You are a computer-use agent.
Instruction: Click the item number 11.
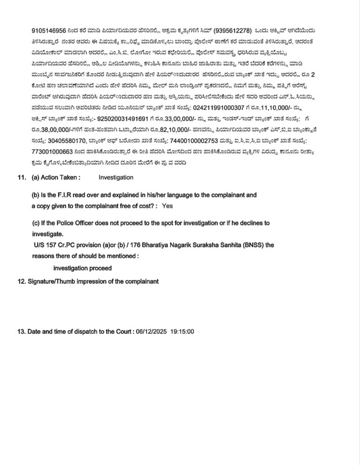coord(20,178)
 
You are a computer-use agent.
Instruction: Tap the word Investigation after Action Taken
coord(116,178)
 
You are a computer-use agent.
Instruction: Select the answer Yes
coord(167,206)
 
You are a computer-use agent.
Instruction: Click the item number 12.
coord(20,282)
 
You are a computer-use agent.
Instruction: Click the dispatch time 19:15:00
coord(182,332)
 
